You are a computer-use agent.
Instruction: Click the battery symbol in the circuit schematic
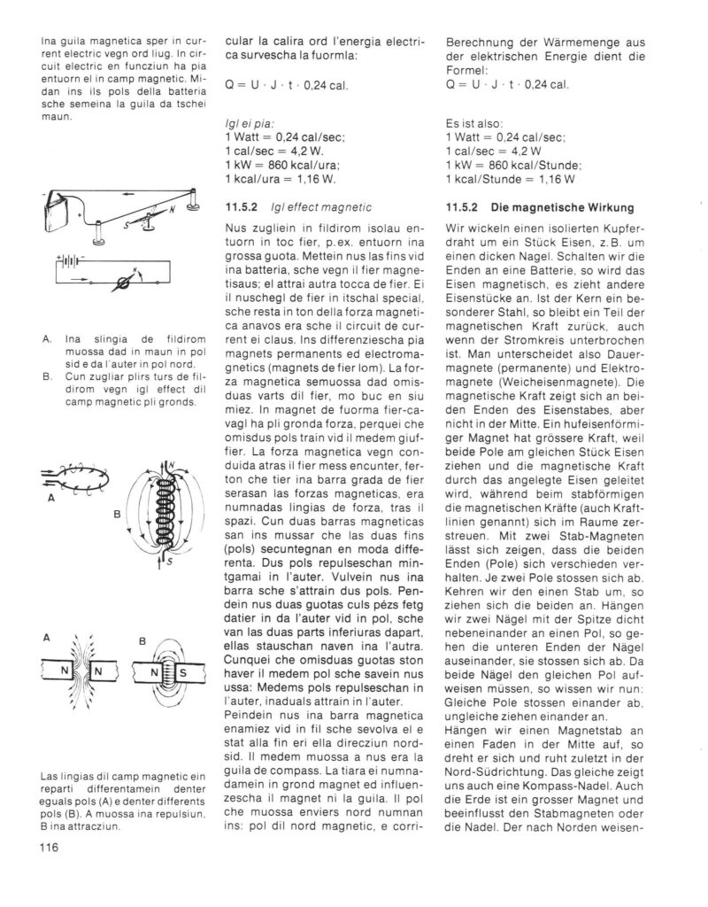tap(69, 265)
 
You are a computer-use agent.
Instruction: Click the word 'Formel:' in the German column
tap(467, 70)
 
